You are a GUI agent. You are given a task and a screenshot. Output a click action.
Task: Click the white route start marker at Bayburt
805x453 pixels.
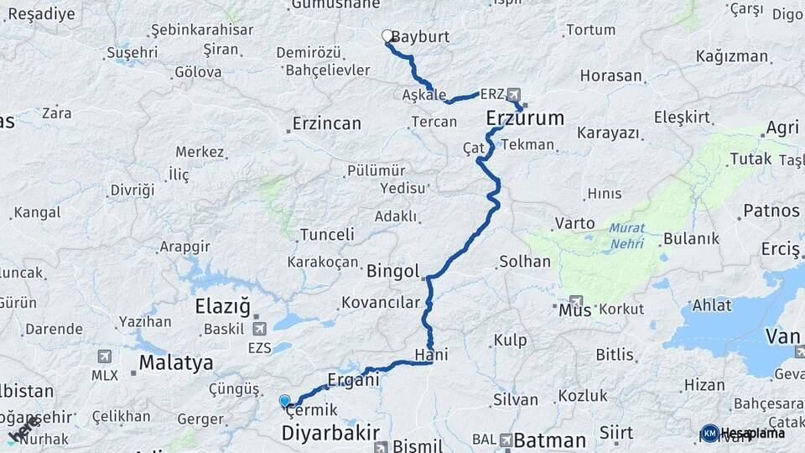coord(387,36)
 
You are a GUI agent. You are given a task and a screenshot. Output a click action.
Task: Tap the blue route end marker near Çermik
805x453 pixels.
coord(285,401)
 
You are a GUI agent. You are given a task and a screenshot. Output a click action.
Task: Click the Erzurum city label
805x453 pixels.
coord(525,118)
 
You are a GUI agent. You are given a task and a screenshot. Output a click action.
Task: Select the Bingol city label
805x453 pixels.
coord(392,271)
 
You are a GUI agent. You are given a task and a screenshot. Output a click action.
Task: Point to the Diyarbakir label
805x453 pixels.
coord(325,434)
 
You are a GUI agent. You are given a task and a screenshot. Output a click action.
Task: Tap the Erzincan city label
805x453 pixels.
coord(326,124)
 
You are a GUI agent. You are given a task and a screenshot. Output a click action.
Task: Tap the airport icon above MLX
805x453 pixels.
coord(104,357)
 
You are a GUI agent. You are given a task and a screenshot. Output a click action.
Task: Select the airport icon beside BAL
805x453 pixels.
coord(506,439)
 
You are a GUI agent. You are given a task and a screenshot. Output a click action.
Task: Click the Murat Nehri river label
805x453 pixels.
coord(626,235)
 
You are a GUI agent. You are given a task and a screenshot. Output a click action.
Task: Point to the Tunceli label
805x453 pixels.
coord(327,234)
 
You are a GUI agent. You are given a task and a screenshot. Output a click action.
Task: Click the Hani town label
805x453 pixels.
coord(431,355)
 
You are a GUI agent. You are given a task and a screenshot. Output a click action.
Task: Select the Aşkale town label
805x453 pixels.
coord(423,95)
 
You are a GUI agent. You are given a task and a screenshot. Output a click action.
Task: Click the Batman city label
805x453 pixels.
coord(549,440)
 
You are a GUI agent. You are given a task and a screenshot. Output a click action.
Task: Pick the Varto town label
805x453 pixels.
coord(574,224)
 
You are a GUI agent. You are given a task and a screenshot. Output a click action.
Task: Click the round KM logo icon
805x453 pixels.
coord(710,433)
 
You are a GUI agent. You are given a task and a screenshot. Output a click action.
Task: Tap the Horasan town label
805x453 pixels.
coord(610,75)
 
